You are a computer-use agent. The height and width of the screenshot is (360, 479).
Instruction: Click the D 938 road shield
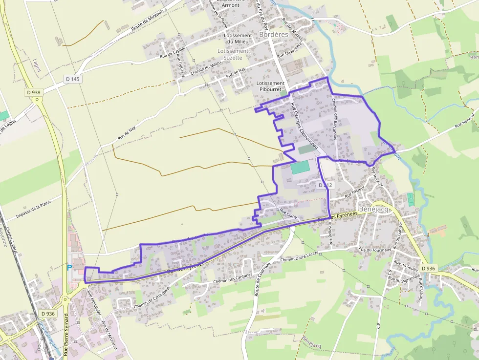34,92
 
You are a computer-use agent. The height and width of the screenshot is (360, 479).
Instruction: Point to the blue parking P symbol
69,267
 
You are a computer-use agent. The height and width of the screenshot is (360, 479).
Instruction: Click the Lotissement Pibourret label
270,86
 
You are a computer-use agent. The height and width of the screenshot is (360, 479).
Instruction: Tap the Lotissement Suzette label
233,54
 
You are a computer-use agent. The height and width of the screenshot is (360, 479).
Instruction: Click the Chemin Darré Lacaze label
299,257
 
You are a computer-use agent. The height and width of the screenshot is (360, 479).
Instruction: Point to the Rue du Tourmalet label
375,250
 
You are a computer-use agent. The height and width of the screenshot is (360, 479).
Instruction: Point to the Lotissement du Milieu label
237,39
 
